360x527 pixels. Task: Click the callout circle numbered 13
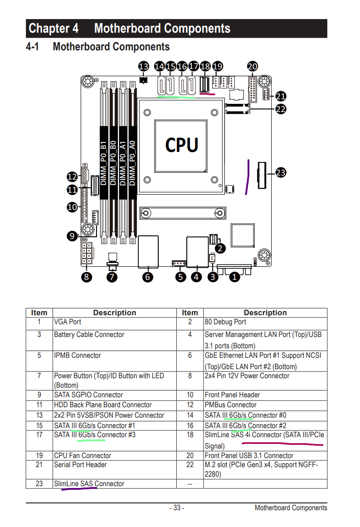click(x=143, y=67)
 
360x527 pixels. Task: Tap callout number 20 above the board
click(x=253, y=67)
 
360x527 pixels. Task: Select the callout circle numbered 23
click(x=281, y=172)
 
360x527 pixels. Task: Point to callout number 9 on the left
click(x=72, y=235)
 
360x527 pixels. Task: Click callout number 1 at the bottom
click(x=234, y=276)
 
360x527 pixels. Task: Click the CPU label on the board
click(x=181, y=145)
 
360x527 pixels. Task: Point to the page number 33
click(x=176, y=508)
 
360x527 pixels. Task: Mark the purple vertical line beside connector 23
click(x=248, y=177)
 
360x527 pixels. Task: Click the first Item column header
click(x=39, y=312)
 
